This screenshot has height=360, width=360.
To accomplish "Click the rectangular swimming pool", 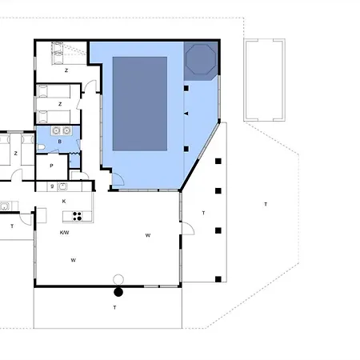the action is [x=140, y=103].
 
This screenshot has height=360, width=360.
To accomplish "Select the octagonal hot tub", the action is [x=201, y=59].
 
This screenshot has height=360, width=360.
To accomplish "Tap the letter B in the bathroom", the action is [x=60, y=142].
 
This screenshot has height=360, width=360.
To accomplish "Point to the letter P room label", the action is [x=51, y=166].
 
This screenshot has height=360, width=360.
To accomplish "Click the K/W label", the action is [x=64, y=233].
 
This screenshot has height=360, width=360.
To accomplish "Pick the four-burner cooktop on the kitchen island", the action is [x=78, y=216].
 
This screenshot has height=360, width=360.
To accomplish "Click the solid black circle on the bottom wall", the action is [x=118, y=292].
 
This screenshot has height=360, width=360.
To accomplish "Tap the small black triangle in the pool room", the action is [x=186, y=114].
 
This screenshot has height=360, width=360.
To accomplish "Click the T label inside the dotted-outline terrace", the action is [x=266, y=204].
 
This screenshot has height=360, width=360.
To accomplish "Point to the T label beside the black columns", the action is [x=203, y=213].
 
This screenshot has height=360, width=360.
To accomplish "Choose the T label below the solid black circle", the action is [x=114, y=307].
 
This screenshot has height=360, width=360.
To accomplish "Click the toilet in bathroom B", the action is [x=41, y=147].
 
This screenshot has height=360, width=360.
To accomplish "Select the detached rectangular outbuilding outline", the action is [x=264, y=80].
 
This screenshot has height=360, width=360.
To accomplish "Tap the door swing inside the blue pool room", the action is [x=118, y=179].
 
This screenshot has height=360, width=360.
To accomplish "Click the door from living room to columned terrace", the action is [x=188, y=229].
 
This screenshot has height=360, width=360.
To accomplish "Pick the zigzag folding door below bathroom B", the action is [x=75, y=154].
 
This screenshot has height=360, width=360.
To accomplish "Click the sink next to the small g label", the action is [x=62, y=186].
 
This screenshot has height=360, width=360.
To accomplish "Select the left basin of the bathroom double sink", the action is [x=56, y=130].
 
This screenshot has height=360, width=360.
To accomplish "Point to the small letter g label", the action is [x=52, y=186].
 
